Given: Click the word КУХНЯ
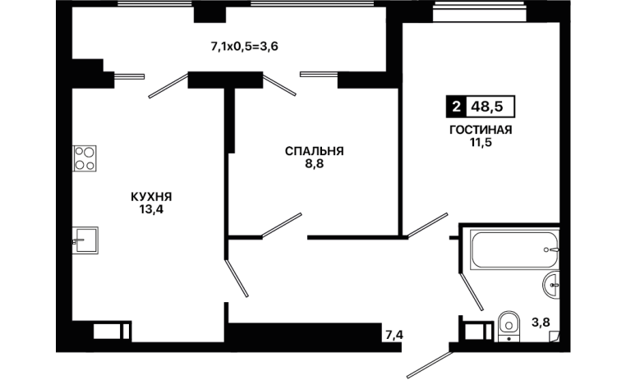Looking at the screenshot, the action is (x=151, y=197).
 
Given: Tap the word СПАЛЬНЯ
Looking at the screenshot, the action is (x=314, y=151).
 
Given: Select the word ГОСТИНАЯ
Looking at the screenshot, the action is (x=481, y=130).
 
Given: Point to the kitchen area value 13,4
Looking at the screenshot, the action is (x=151, y=209).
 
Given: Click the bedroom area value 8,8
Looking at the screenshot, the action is (x=314, y=163).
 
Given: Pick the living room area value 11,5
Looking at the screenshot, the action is (x=481, y=142).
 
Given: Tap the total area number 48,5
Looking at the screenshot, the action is (x=487, y=107).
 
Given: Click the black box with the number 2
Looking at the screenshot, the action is (x=456, y=107).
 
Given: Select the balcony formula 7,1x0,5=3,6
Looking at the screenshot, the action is (x=244, y=47).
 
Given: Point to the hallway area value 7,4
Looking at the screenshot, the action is (x=394, y=335).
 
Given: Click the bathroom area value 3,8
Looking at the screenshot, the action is (x=541, y=322).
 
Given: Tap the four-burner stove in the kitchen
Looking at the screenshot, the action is (x=85, y=158).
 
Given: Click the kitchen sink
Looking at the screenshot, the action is (x=85, y=240).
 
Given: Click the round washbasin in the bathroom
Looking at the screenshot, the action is (x=551, y=285).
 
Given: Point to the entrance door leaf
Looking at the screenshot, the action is (x=428, y=365).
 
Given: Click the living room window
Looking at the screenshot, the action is (x=479, y=12).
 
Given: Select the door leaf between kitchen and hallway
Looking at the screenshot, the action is (x=237, y=278).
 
